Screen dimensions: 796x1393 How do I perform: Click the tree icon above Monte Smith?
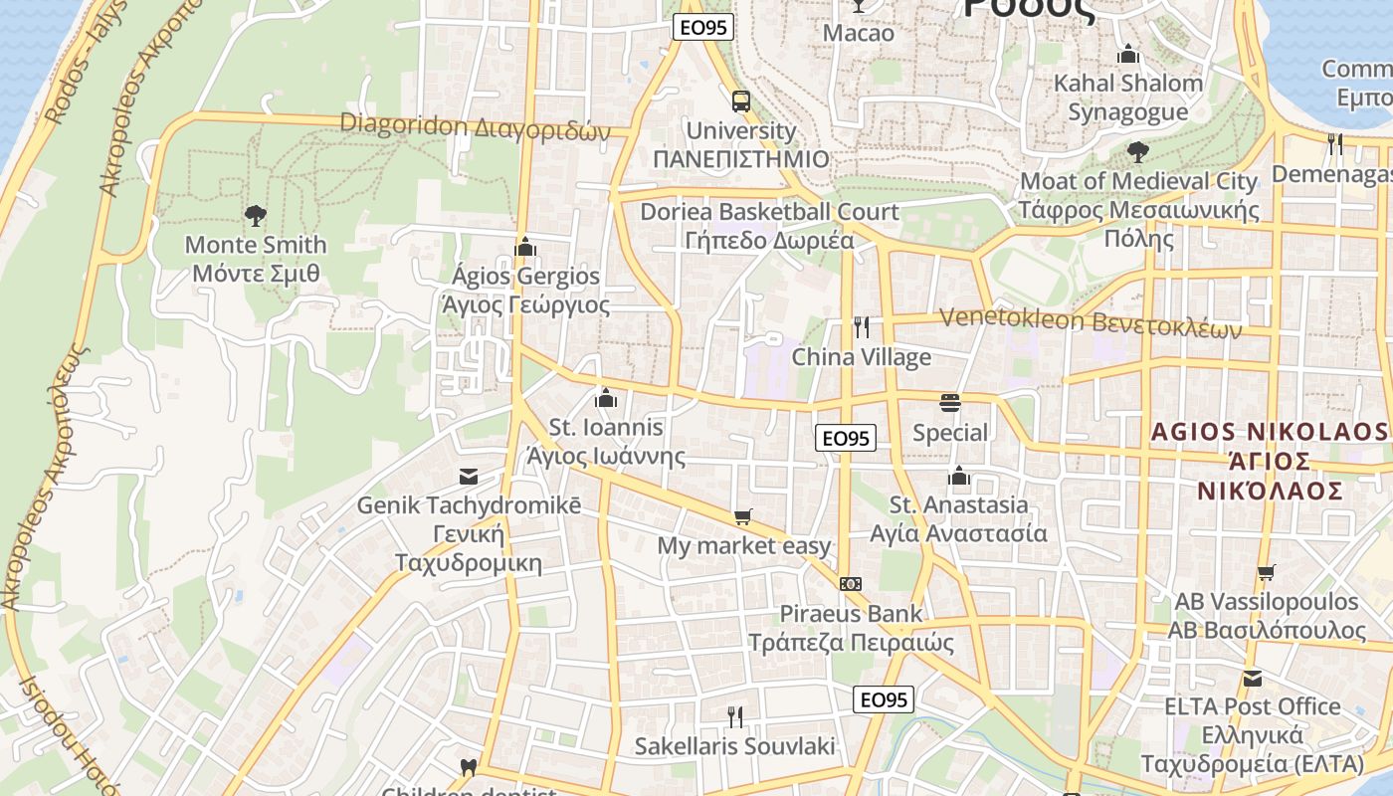(x=256, y=215)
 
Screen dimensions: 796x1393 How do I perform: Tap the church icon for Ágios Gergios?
(x=524, y=247)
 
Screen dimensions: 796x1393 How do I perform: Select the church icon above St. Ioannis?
(x=605, y=399)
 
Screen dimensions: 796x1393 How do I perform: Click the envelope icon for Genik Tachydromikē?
(x=468, y=477)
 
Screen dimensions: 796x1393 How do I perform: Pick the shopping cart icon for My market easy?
(x=742, y=516)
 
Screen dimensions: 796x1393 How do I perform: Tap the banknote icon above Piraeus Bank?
(x=850, y=584)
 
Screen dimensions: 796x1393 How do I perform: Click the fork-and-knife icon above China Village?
(x=862, y=327)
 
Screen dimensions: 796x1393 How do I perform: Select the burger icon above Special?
(x=950, y=403)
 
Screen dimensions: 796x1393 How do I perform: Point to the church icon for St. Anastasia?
(x=959, y=476)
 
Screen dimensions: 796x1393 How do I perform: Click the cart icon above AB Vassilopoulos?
(x=1266, y=572)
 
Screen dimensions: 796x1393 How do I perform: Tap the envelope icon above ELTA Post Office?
(x=1253, y=678)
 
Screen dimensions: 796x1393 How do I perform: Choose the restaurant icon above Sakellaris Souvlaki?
(x=735, y=716)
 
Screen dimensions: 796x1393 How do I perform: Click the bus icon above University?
(x=741, y=101)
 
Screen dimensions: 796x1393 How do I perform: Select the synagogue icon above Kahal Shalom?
(x=1128, y=54)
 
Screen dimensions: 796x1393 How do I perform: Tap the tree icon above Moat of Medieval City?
(x=1138, y=152)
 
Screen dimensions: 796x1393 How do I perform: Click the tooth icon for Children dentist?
(x=468, y=768)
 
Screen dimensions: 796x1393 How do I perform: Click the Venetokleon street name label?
(x=1091, y=322)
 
